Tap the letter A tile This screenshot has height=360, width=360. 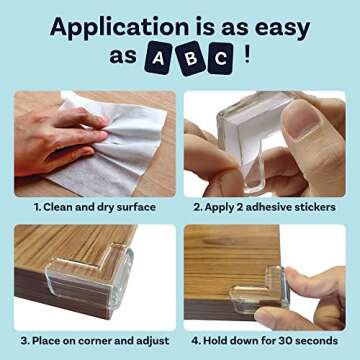(x=158, y=59)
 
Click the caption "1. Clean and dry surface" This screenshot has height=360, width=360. (x=95, y=207)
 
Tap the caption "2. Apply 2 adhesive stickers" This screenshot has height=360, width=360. (x=264, y=207)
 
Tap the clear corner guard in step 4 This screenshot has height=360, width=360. (x=256, y=294)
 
